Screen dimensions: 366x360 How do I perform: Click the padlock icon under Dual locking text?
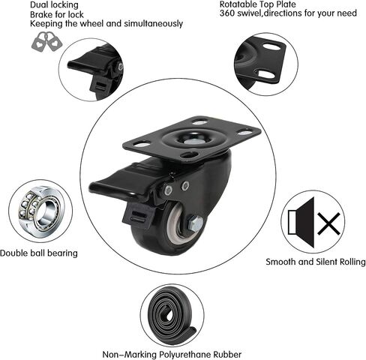[x=46, y=41]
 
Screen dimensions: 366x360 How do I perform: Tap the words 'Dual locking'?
[x=54, y=4]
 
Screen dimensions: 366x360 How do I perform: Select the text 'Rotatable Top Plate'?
[x=258, y=4]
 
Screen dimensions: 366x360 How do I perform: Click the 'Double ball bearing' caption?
[x=39, y=253]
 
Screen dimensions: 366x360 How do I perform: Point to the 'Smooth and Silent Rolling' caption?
[x=316, y=262]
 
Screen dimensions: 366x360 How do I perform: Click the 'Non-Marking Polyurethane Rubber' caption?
[x=172, y=354]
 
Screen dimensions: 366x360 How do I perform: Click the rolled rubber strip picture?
[x=172, y=316]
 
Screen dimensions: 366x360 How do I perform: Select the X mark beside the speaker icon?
[x=329, y=223]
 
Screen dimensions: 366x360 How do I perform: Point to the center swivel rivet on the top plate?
[x=190, y=141]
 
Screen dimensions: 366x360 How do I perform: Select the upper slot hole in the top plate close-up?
[x=271, y=46]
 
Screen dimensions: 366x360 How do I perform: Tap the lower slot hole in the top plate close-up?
[x=266, y=73]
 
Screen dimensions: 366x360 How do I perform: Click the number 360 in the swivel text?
[x=227, y=13]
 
